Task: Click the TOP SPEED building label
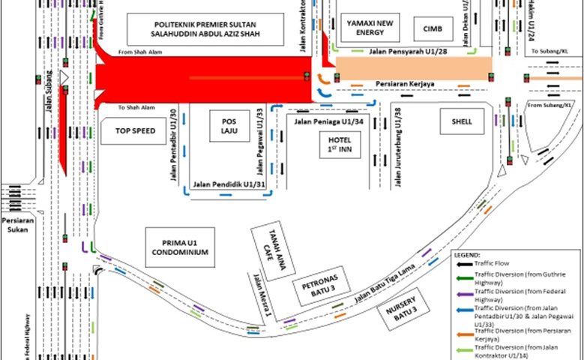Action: click(135, 130)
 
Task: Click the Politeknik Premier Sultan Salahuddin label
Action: click(205, 29)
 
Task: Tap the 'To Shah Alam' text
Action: click(135, 107)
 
